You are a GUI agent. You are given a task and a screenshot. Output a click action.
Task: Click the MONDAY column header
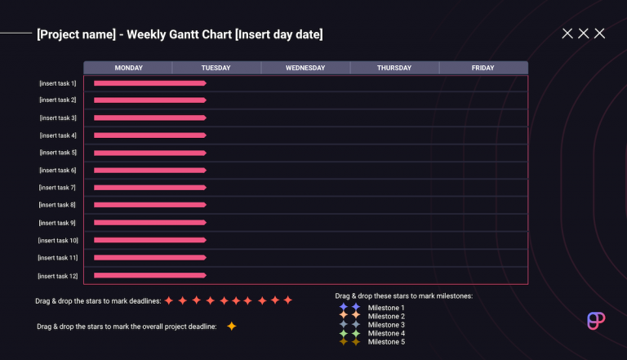pyautogui.click(x=128, y=68)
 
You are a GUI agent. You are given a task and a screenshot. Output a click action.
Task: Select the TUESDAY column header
pyautogui.click(x=216, y=68)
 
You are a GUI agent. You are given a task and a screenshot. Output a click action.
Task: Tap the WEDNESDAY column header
pyautogui.click(x=305, y=68)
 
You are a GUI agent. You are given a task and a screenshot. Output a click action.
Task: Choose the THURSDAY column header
pyautogui.click(x=394, y=68)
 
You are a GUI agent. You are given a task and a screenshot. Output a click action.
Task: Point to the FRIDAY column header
pyautogui.click(x=482, y=68)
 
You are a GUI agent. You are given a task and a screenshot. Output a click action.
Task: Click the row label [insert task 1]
pyautogui.click(x=58, y=83)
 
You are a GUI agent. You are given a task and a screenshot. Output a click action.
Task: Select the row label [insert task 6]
pyautogui.click(x=58, y=170)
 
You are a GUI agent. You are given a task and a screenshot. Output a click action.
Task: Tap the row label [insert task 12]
pyautogui.click(x=57, y=276)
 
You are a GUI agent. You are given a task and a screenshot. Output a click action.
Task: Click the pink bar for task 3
pyautogui.click(x=149, y=118)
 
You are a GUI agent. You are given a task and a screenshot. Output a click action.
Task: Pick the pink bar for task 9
pyautogui.click(x=149, y=223)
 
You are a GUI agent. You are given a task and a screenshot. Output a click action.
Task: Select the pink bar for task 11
pyautogui.click(x=149, y=258)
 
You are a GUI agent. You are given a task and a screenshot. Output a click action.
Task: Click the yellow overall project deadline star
pyautogui.click(x=231, y=327)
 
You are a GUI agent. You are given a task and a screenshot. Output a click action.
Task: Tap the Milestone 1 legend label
pyautogui.click(x=386, y=308)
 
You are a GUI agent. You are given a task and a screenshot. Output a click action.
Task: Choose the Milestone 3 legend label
pyautogui.click(x=386, y=325)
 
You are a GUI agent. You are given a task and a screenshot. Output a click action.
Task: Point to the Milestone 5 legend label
pyautogui.click(x=386, y=342)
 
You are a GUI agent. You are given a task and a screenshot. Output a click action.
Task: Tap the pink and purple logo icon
pyautogui.click(x=596, y=320)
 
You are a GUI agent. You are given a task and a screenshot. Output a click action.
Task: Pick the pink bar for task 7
pyautogui.click(x=149, y=188)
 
